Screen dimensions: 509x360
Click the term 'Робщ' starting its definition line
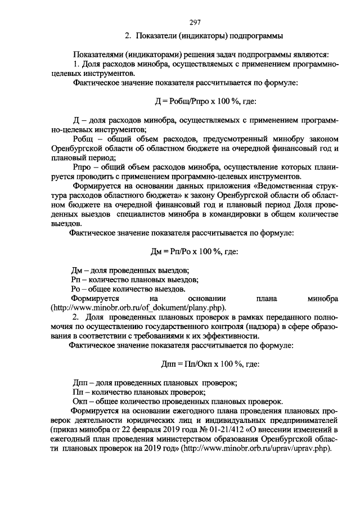click(85, 138)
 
